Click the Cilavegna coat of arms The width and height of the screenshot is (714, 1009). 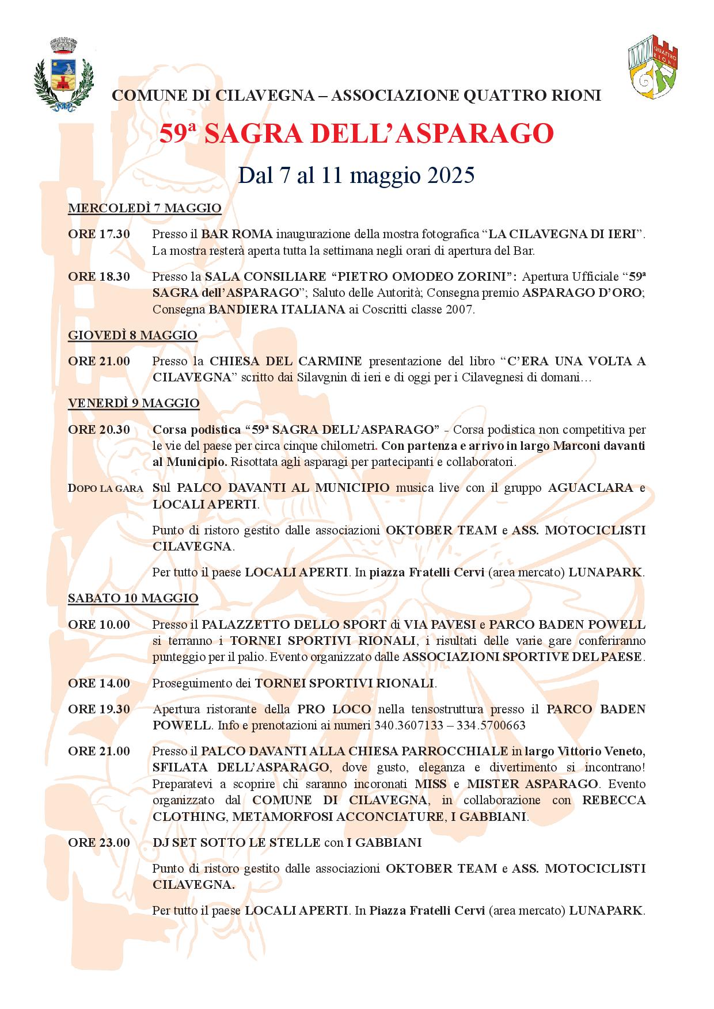63,74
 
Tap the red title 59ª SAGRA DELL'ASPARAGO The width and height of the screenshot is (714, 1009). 356,135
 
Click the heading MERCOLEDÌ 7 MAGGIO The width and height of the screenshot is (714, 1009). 145,208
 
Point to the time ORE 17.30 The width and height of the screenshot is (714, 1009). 99,235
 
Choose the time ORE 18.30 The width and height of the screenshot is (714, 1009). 99,277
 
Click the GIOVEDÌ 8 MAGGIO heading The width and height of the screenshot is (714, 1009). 132,335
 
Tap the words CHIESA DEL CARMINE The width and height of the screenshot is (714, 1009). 286,361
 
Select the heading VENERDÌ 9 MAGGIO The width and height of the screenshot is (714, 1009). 134,403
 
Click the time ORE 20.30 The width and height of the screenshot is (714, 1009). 99,430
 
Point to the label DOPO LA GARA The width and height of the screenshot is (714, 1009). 105,489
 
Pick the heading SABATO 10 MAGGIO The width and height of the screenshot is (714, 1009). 133,598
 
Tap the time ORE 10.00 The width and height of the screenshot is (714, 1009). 99,625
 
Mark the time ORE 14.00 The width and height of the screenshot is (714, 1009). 99,683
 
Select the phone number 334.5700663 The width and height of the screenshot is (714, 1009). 491,726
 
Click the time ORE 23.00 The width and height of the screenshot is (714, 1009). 99,843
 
